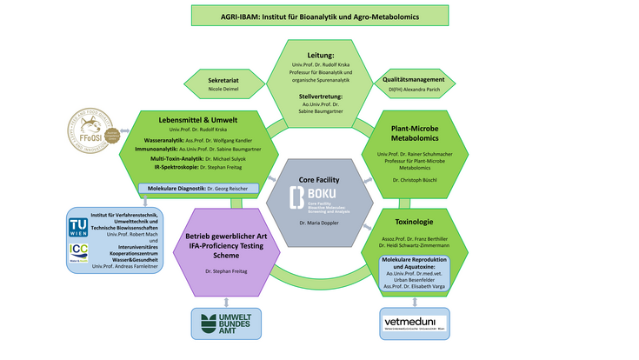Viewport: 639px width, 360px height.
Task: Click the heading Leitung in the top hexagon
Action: (320, 54)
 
